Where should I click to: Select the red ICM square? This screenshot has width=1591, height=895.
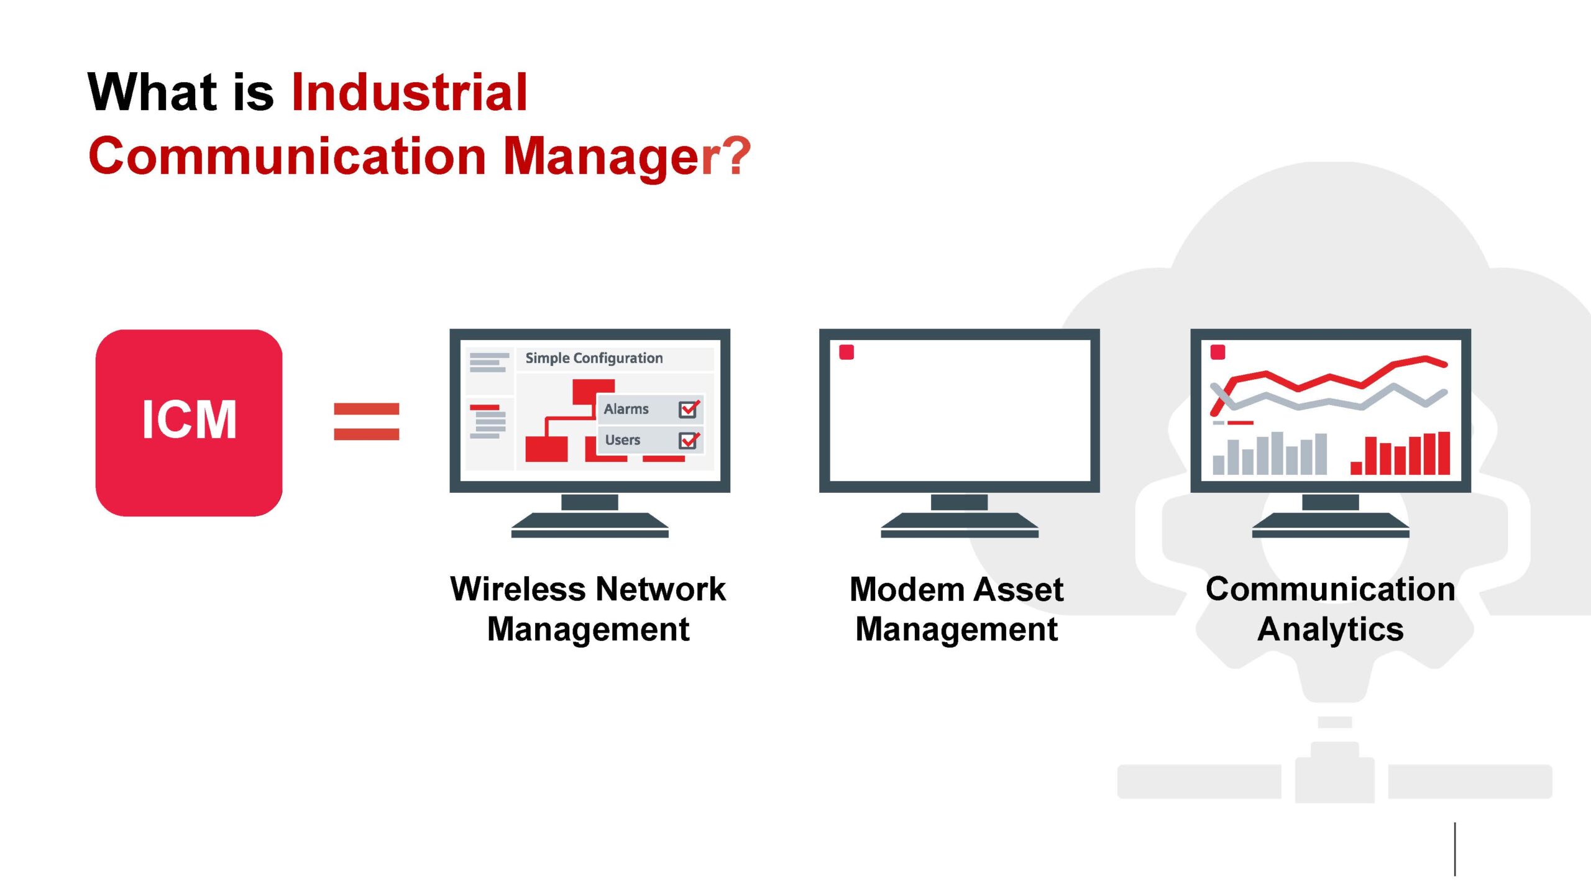pyautogui.click(x=189, y=423)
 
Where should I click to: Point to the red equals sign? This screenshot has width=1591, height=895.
pyautogui.click(x=366, y=421)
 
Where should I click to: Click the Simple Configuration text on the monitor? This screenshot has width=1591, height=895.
pyautogui.click(x=594, y=359)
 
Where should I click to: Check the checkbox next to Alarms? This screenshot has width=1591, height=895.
pyautogui.click(x=688, y=410)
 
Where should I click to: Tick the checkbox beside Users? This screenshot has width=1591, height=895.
pyautogui.click(x=688, y=441)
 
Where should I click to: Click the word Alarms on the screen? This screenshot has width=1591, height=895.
pyautogui.click(x=626, y=409)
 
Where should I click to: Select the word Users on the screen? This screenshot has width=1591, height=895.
pyautogui.click(x=622, y=440)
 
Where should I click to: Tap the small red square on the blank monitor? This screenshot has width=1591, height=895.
pyautogui.click(x=846, y=352)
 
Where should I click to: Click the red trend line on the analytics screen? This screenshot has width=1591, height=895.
pyautogui.click(x=1330, y=379)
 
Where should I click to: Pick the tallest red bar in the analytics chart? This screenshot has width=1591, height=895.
pyautogui.click(x=1444, y=454)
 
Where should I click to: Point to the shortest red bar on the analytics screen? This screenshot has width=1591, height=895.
pyautogui.click(x=1356, y=469)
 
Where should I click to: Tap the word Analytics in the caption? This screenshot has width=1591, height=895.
pyautogui.click(x=1331, y=630)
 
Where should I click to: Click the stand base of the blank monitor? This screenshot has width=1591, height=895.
pyautogui.click(x=960, y=525)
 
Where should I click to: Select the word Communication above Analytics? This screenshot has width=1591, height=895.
pyautogui.click(x=1331, y=589)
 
